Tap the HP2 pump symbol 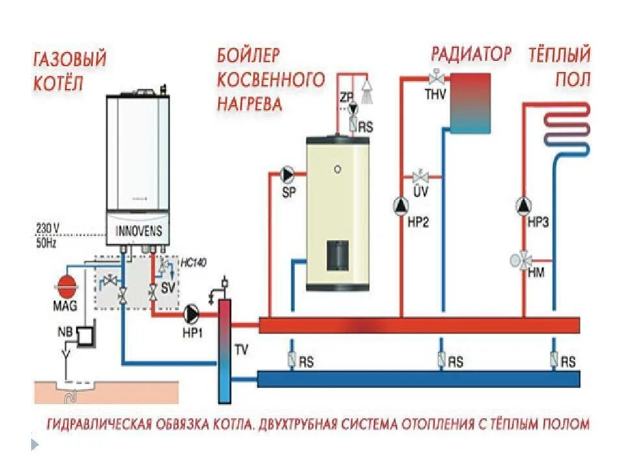point(401,205)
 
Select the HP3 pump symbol point(524,205)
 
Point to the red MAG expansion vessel point(67,285)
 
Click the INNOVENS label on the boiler point(138,232)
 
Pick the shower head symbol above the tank point(368,86)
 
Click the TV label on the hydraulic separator point(241,351)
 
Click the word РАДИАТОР point(471,54)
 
